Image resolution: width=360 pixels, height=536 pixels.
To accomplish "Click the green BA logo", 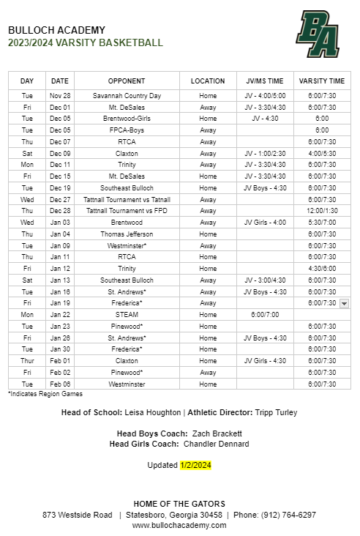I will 318,34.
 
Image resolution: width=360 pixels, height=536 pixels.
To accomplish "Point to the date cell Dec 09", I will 60,153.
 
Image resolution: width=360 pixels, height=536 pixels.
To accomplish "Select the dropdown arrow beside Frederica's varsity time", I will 344,303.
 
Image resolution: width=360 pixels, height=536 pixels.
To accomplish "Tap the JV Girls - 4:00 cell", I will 265,222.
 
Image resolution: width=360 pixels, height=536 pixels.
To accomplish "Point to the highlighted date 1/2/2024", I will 195,464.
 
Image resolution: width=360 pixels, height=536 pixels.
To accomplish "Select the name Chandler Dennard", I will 216,444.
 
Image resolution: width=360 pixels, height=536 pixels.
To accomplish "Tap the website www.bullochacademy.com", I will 179,525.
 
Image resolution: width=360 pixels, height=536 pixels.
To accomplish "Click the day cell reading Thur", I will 27,360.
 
